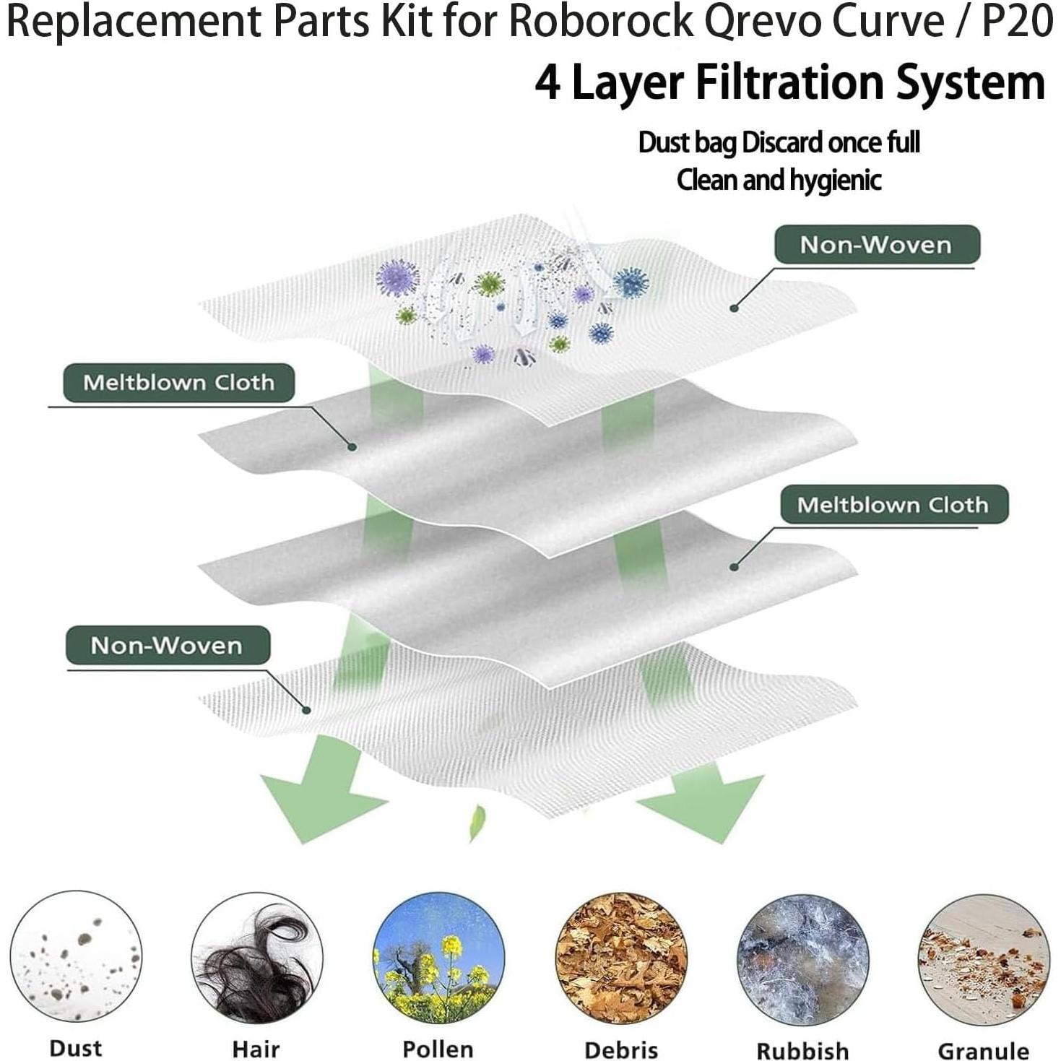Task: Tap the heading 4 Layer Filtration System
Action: (x=789, y=83)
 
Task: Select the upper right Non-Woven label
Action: (x=876, y=245)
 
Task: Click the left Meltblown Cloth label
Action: (x=178, y=382)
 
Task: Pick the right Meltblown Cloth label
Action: (x=893, y=504)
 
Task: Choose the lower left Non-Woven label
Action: (x=167, y=645)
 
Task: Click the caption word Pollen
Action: (x=438, y=1049)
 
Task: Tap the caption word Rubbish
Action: (x=802, y=1050)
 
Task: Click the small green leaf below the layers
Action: (x=477, y=823)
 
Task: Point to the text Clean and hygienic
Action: (x=779, y=180)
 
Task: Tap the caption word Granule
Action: (x=983, y=1050)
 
